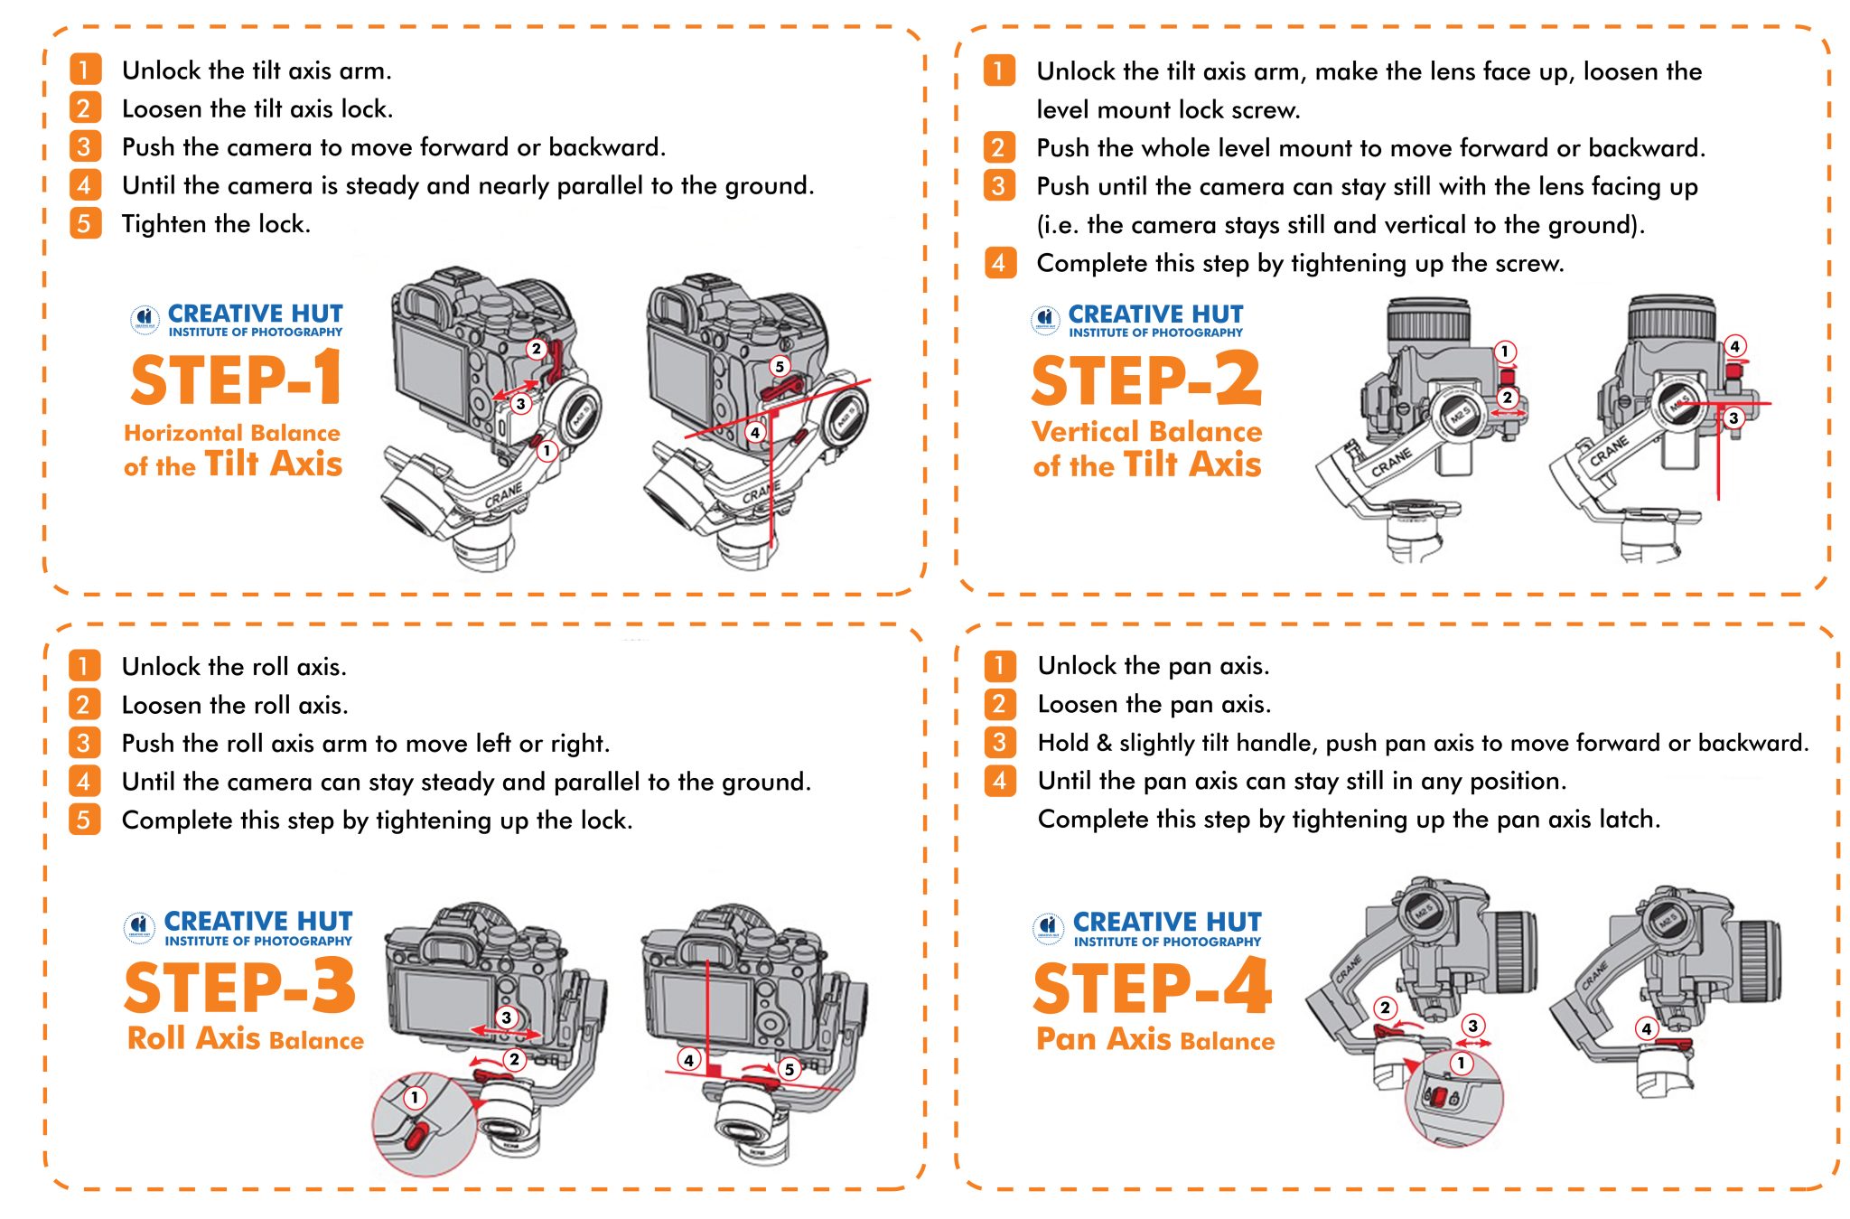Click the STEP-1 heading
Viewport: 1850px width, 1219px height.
[x=236, y=380]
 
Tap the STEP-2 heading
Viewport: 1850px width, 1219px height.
[x=1145, y=380]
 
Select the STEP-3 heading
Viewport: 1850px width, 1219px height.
[x=239, y=988]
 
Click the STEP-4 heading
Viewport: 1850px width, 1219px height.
[x=1152, y=989]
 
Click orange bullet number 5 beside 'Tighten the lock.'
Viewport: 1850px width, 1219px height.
[x=84, y=223]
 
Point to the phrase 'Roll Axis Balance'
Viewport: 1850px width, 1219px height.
[x=245, y=1039]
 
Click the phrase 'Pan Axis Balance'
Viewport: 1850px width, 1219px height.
[x=1154, y=1040]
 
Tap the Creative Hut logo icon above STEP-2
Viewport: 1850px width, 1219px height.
[x=1045, y=319]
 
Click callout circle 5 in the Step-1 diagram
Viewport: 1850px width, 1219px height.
[x=779, y=366]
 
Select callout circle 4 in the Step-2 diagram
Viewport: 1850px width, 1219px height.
[x=1733, y=346]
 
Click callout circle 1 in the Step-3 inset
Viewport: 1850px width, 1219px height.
[x=414, y=1098]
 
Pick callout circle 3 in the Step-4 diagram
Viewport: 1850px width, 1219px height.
[x=1472, y=1026]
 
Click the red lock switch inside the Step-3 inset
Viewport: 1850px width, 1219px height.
[x=416, y=1134]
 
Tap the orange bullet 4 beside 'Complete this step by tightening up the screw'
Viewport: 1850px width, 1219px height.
[x=999, y=263]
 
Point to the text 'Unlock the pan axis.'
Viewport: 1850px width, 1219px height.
[x=1153, y=666]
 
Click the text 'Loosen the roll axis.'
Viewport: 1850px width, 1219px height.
[x=235, y=705]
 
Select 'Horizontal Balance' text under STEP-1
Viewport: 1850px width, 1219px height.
[x=232, y=433]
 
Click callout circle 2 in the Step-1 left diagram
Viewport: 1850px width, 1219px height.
[x=536, y=348]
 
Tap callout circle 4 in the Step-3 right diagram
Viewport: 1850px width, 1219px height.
[x=688, y=1059]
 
